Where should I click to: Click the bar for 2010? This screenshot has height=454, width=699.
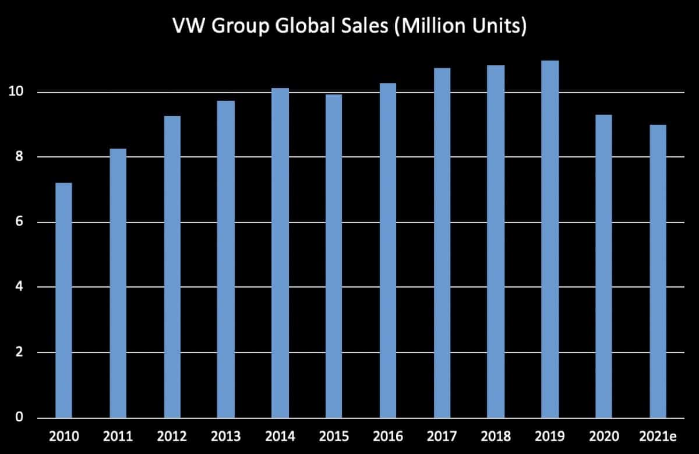click(x=63, y=300)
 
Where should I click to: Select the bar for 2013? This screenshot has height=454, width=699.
click(x=226, y=259)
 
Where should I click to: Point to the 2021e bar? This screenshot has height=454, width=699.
click(x=658, y=271)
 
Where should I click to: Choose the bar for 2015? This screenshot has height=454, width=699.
click(x=334, y=256)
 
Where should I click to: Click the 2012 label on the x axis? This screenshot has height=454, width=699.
click(x=172, y=436)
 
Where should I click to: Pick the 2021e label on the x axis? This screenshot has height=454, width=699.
click(x=658, y=436)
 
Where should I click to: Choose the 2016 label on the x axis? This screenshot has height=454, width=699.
click(x=388, y=436)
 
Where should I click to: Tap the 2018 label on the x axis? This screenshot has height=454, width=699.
click(x=496, y=436)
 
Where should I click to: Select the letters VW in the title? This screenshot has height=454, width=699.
click(x=186, y=27)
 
